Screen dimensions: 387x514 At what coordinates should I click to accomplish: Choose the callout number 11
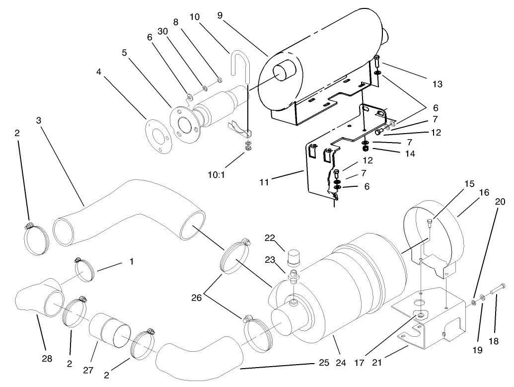click(x=264, y=182)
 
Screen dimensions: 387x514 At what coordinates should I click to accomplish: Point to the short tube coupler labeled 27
click(x=110, y=330)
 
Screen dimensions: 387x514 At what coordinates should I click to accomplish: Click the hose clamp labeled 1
click(x=85, y=268)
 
